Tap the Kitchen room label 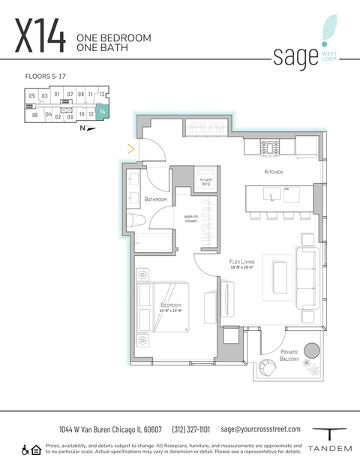273,173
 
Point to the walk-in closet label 190,219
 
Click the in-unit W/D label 205,182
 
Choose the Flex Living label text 244,262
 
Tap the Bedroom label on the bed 170,305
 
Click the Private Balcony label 290,356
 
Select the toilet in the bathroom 136,221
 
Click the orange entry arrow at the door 131,149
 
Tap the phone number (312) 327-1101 191,429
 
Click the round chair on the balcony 268,368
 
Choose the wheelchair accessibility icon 25,449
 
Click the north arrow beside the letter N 92,128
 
